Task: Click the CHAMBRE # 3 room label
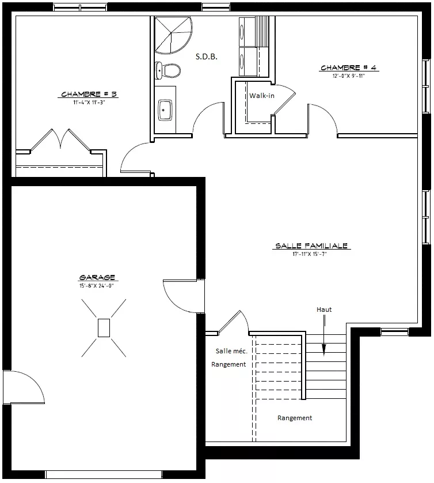[x=89, y=94]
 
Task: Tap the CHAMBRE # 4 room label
[x=348, y=67]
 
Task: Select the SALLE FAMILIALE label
[x=311, y=246]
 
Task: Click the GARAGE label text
[x=97, y=277]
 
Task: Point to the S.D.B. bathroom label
[x=207, y=56]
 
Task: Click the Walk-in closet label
[x=261, y=96]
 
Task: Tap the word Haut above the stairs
[x=324, y=310]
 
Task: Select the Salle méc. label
[x=231, y=351]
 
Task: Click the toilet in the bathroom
[x=167, y=70]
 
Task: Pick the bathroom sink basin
[x=165, y=110]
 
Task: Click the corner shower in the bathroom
[x=173, y=35]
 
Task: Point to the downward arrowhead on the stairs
[x=324, y=350]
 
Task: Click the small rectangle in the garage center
[x=104, y=328]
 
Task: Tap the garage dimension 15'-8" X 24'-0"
[x=97, y=286]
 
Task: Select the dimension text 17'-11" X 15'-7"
[x=310, y=254]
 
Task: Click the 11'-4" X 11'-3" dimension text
[x=89, y=103]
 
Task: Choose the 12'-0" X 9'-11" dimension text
[x=348, y=76]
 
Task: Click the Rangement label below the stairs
[x=295, y=418]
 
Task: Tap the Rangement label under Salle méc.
[x=229, y=364]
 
